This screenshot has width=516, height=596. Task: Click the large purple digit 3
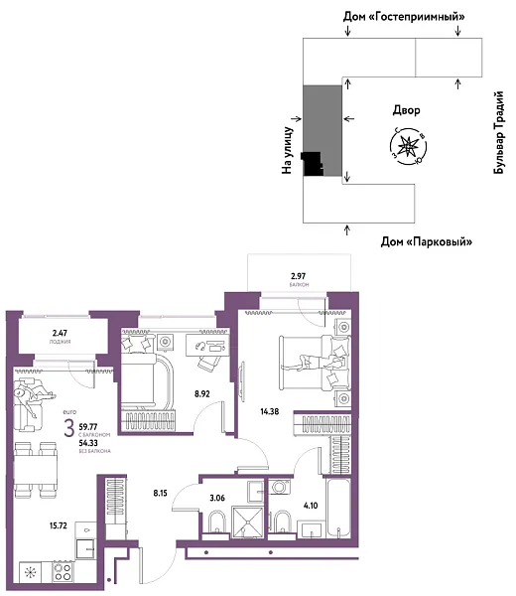(x=67, y=430)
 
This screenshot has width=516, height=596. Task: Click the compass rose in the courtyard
(x=408, y=146)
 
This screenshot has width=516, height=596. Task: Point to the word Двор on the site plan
(x=407, y=111)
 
